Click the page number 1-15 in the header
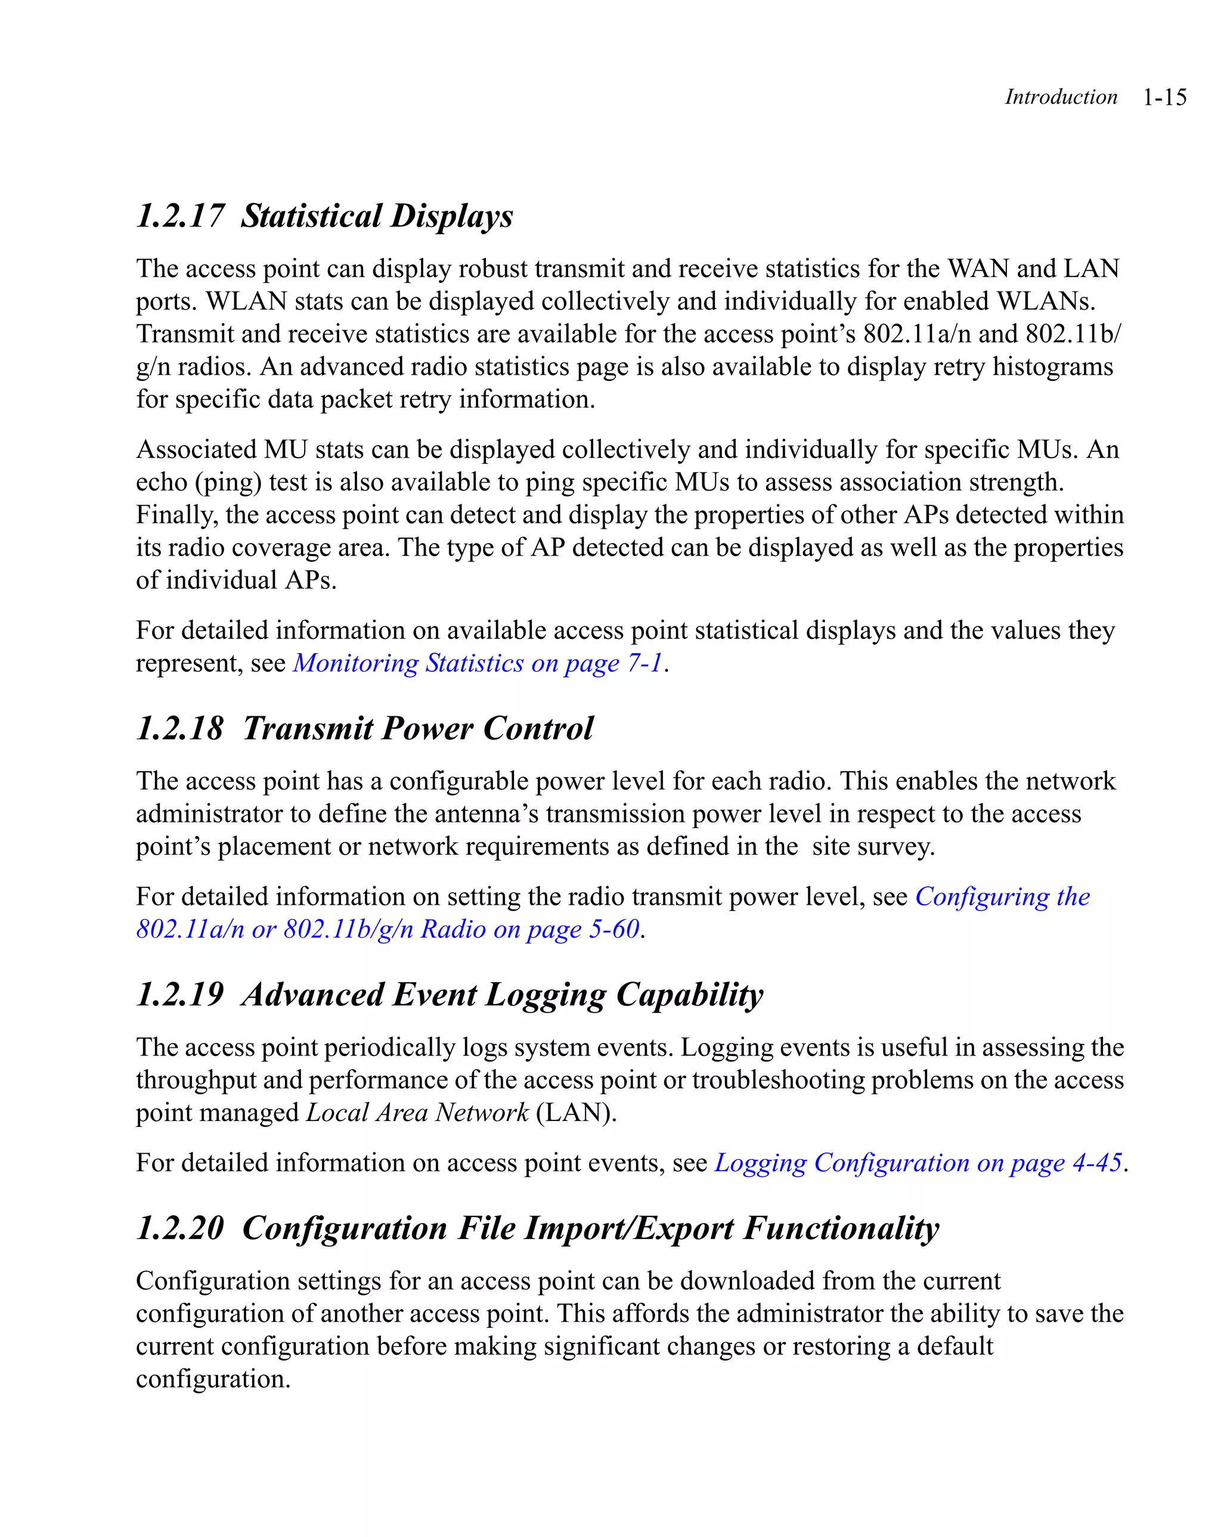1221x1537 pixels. (x=1164, y=97)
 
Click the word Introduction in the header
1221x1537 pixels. (x=1061, y=97)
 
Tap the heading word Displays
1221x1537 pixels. (x=452, y=216)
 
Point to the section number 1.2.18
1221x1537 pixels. (x=179, y=729)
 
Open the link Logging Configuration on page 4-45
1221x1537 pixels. (x=918, y=1163)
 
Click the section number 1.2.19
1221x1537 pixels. (x=179, y=995)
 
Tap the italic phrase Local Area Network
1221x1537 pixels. (x=417, y=1113)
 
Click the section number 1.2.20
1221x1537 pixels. (x=179, y=1228)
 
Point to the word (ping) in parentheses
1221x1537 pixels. (x=228, y=483)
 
